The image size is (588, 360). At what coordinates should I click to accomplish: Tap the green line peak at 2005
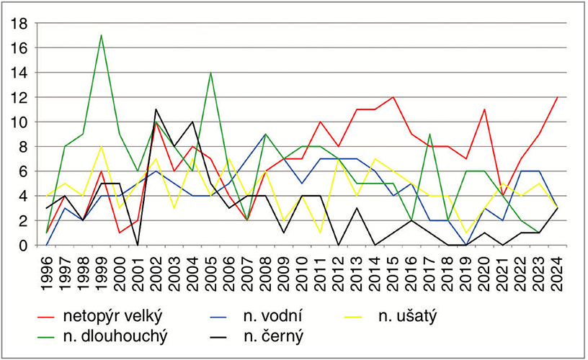(210, 73)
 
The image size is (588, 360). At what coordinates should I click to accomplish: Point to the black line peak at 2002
(156, 109)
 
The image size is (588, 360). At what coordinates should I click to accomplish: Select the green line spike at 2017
(429, 134)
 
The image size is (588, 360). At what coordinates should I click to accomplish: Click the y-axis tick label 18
(19, 23)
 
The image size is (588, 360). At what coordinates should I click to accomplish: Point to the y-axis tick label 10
(19, 122)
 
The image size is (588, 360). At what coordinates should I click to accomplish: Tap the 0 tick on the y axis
(23, 246)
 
